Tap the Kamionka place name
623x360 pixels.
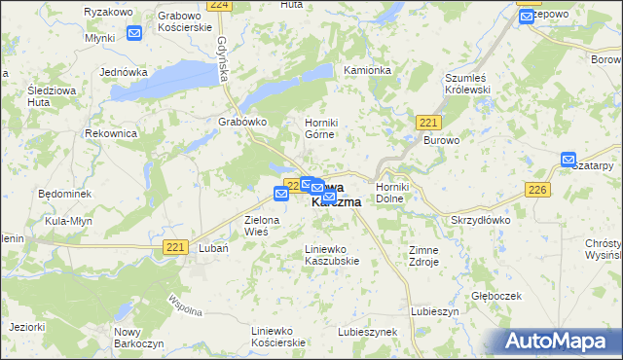pyautogui.click(x=367, y=71)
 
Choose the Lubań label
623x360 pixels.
pyautogui.click(x=212, y=248)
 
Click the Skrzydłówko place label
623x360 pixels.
pyautogui.click(x=481, y=220)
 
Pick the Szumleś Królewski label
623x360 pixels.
pyautogui.click(x=471, y=84)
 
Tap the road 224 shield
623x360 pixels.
pyautogui.click(x=221, y=5)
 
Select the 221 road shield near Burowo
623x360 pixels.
pyautogui.click(x=428, y=122)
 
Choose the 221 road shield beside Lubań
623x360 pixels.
pyautogui.click(x=175, y=248)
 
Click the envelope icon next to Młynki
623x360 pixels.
pyautogui.click(x=134, y=33)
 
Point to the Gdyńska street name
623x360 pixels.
pyautogui.click(x=223, y=58)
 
